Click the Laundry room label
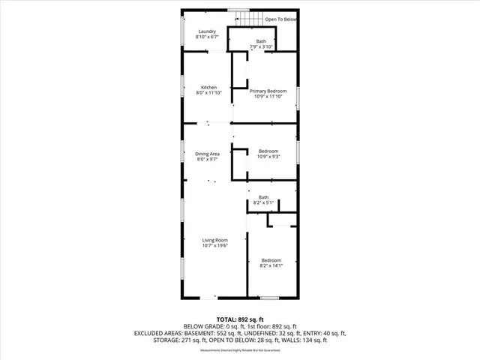207,31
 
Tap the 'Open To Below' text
280,19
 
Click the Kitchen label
208,88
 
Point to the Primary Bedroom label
268,91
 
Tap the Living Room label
214,239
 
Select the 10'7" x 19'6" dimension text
214,245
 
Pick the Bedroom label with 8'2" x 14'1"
271,259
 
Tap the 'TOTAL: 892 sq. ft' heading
239,319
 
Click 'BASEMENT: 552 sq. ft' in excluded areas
217,332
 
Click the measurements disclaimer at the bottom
239,351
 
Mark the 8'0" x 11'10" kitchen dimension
208,94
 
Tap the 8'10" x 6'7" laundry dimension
207,37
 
